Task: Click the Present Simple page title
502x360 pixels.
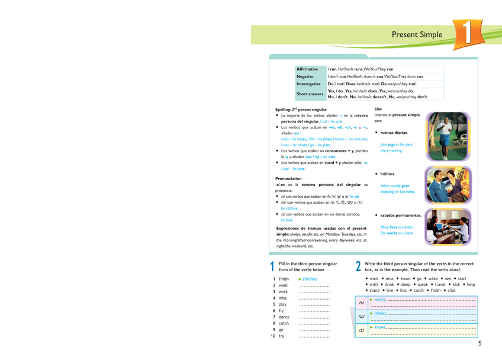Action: pos(417,35)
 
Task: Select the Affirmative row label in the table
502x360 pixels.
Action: pos(311,69)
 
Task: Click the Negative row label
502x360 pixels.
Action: pos(305,76)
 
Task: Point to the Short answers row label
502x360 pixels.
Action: pos(310,94)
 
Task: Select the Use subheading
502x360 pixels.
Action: pos(378,109)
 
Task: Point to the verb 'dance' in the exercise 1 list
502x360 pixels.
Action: pos(284,317)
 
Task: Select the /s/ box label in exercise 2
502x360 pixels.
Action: pos(361,303)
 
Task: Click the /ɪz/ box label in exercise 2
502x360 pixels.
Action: pos(361,316)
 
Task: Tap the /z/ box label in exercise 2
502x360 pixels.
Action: pos(361,330)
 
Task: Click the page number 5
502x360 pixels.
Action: pos(480,343)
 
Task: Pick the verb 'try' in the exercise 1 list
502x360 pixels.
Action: pos(281,336)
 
